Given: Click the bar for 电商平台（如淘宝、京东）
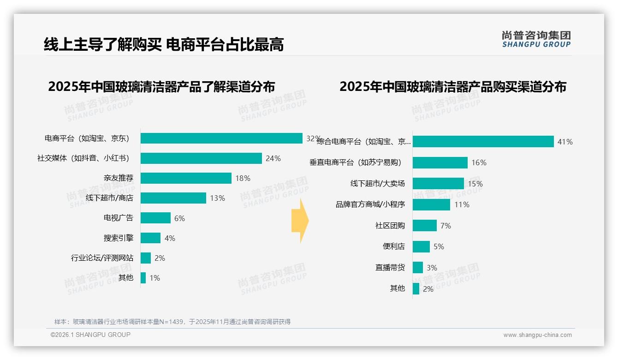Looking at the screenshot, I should (x=221, y=138).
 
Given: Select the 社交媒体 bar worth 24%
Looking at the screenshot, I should (x=201, y=158).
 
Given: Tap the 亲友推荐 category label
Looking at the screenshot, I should (x=119, y=178).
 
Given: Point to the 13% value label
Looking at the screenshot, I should (x=217, y=198).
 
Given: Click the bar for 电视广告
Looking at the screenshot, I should (x=155, y=218).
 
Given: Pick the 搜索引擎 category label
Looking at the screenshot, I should (x=119, y=238).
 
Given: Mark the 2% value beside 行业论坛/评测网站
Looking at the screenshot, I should (x=160, y=258).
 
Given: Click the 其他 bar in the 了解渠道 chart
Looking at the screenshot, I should (x=143, y=278).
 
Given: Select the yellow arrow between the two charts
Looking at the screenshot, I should (x=300, y=221).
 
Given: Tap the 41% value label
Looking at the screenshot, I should (x=565, y=142).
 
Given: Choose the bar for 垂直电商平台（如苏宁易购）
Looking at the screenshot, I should (x=440, y=162).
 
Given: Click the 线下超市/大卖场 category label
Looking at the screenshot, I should (x=377, y=184).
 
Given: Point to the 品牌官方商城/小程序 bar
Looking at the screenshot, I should (x=431, y=204).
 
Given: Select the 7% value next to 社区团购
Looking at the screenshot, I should (x=446, y=226).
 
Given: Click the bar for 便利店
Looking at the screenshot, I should (x=421, y=246).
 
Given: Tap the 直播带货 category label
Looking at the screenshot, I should (x=390, y=267).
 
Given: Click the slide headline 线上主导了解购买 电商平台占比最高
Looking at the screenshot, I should (x=164, y=44).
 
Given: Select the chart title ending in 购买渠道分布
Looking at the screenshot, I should (x=453, y=87).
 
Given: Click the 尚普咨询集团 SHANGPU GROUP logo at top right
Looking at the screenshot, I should (x=536, y=39).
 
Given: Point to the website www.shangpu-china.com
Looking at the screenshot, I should (x=537, y=335).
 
